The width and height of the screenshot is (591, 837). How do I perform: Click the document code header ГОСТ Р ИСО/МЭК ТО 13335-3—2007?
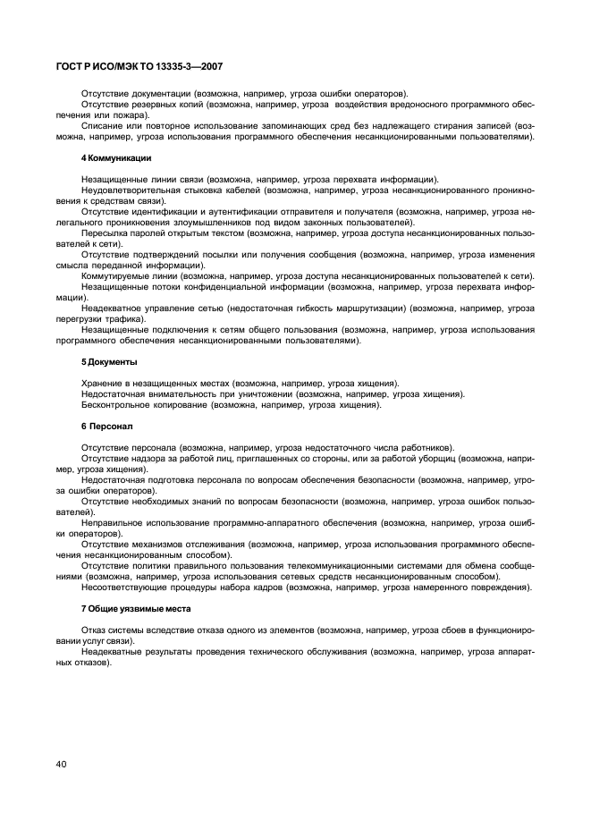[140, 66]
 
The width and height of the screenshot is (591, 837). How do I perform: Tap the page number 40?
[61, 763]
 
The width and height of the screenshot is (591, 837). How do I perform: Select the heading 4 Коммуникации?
[116, 157]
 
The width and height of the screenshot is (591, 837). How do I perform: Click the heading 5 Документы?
[109, 361]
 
